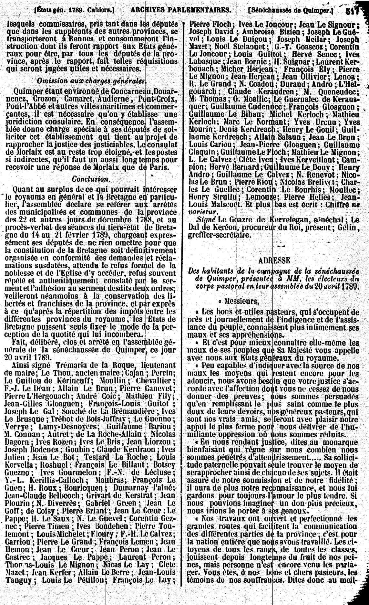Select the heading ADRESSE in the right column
(274, 260)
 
